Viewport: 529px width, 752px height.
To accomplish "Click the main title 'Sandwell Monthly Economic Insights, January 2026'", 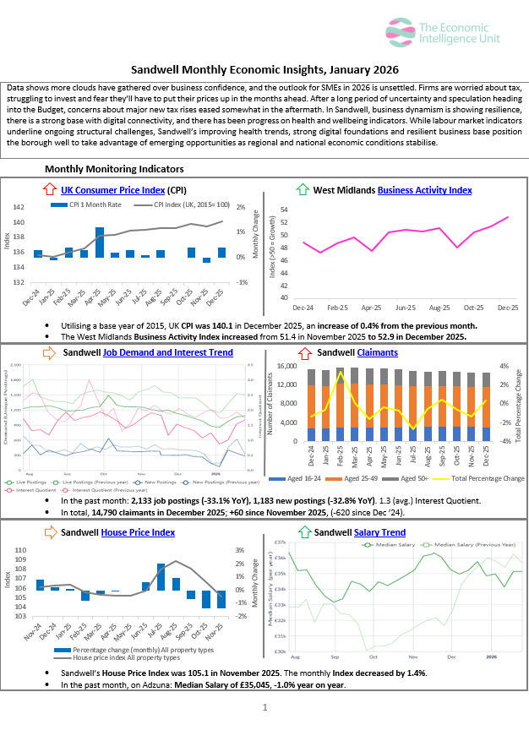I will [264, 69].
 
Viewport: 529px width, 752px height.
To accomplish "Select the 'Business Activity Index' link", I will [424, 190].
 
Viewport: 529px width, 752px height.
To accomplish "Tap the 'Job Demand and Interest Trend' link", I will [167, 351].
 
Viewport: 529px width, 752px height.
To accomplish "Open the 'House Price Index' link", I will [138, 532].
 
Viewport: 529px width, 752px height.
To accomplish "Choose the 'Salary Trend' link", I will [380, 532].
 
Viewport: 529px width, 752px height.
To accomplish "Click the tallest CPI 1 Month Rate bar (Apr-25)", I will [100, 242].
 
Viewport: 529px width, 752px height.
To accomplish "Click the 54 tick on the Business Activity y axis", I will [284, 210].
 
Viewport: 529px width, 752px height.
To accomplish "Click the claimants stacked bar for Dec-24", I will [312, 406].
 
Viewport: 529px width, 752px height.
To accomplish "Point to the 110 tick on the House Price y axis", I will [19, 551].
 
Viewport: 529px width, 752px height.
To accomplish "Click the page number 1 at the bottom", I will [264, 707].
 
